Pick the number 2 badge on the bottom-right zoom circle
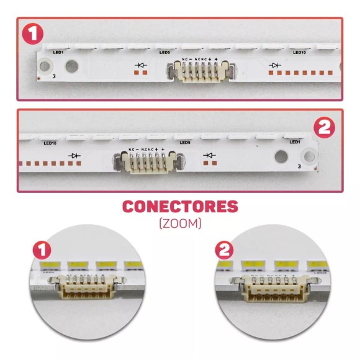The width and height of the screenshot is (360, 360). pyautogui.click(x=224, y=251)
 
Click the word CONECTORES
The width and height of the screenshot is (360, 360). pyautogui.click(x=180, y=207)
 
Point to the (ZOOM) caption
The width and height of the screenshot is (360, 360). pyautogui.click(x=180, y=223)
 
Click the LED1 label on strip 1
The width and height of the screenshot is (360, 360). pyautogui.click(x=60, y=53)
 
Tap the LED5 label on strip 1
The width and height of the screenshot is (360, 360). pyautogui.click(x=164, y=53)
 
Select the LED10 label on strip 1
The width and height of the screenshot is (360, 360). pyautogui.click(x=299, y=53)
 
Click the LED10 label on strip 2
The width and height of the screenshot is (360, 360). pyautogui.click(x=50, y=143)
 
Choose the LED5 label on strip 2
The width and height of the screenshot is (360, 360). pyautogui.click(x=184, y=143)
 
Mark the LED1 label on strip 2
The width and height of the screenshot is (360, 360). pyautogui.click(x=294, y=142)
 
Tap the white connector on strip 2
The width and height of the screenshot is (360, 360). pyautogui.click(x=146, y=163)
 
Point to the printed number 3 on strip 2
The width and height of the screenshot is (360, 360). pyautogui.click(x=299, y=166)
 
